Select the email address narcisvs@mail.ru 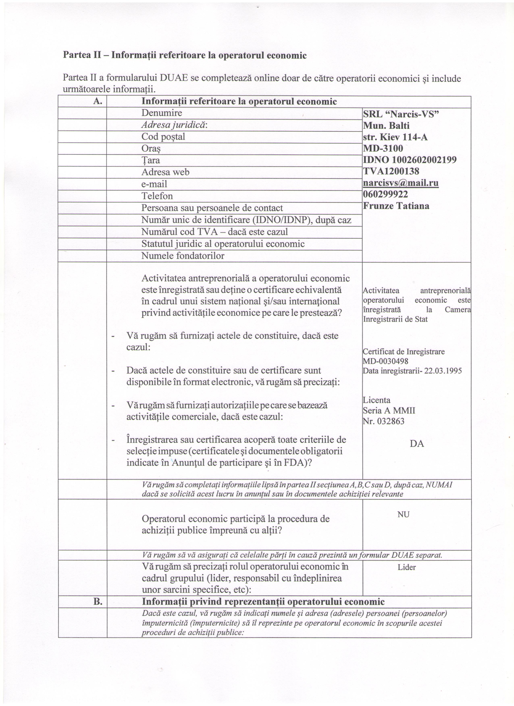pos(401,183)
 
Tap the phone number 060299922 pos(385,195)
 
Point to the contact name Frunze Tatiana pos(396,206)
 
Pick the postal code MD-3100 pos(383,148)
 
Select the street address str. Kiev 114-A pos(395,137)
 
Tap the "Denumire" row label pos(162,113)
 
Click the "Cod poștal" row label pos(163,137)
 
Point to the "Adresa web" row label pos(165,172)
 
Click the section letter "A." pos(98,101)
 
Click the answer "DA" pos(417,444)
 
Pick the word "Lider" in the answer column pos(407,567)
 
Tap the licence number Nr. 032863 pos(384,421)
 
